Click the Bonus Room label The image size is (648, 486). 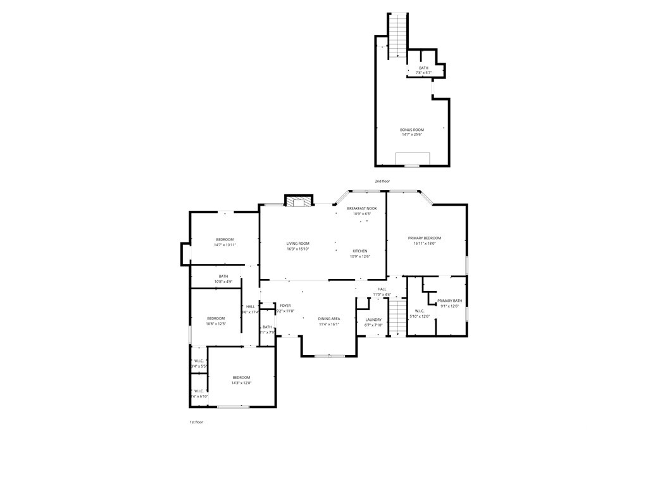(411, 130)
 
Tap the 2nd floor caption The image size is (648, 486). (382, 181)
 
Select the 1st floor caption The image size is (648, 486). (196, 421)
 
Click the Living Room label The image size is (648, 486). (297, 244)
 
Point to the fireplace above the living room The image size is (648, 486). (298, 201)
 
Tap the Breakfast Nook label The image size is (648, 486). (361, 208)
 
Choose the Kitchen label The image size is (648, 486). (359, 251)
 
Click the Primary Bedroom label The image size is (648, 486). (424, 238)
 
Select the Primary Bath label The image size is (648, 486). (449, 301)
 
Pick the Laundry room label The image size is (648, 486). (373, 320)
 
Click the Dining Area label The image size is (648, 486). (328, 318)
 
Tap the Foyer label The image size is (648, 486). (285, 306)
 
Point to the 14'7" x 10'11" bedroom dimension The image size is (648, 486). (225, 245)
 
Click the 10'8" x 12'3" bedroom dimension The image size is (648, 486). (216, 324)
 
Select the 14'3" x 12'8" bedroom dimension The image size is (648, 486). (241, 383)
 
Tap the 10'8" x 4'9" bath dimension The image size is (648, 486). (223, 282)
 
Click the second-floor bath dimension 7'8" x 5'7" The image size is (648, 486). (423, 73)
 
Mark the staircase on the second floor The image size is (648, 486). (397, 35)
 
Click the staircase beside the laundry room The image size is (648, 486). (396, 317)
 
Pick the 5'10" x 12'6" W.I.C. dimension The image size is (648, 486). (420, 316)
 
